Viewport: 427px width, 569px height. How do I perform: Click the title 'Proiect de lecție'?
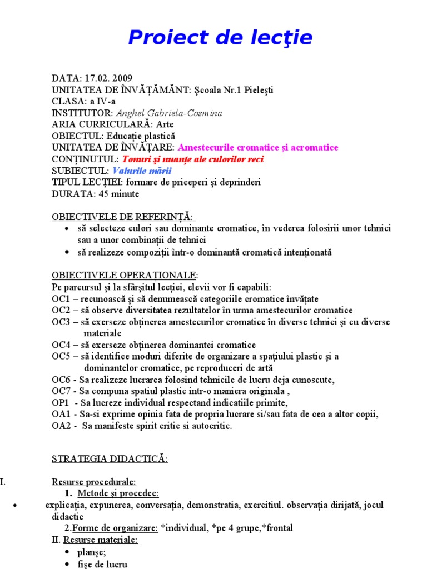point(220,38)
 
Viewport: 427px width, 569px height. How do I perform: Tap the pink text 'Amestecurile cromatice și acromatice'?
point(258,148)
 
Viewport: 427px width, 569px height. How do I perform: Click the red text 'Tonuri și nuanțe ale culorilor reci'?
point(193,159)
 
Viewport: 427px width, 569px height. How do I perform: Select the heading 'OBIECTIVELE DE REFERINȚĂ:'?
point(123,217)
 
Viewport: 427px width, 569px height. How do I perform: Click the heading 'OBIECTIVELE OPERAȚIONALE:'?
point(125,275)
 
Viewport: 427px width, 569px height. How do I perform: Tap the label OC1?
point(61,298)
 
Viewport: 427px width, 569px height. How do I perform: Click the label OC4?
point(61,345)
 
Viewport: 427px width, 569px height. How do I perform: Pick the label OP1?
point(61,403)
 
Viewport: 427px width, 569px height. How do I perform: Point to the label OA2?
point(61,426)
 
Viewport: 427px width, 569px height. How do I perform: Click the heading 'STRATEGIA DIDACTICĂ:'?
point(110,459)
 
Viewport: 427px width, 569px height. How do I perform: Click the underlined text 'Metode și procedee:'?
point(118,493)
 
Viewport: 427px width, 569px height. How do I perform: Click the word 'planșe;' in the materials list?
point(92,552)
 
